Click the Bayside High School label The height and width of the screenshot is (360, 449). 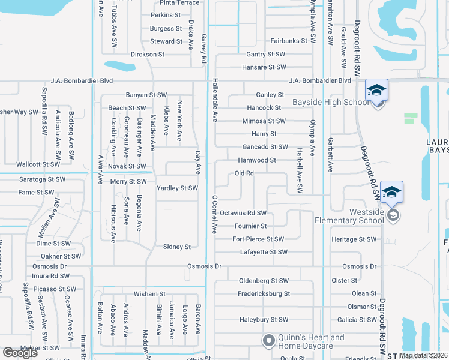330,103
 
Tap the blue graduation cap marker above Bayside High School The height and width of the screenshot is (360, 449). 376,90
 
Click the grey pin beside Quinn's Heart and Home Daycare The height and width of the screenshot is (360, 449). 268,341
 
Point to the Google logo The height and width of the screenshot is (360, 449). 20,352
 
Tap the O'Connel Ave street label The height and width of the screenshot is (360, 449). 214,214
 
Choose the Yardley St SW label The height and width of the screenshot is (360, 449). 177,188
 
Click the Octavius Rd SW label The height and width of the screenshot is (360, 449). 243,213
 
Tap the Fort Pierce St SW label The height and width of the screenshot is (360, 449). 258,239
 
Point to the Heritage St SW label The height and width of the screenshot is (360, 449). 354,239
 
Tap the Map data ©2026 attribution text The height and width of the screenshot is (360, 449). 423,355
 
